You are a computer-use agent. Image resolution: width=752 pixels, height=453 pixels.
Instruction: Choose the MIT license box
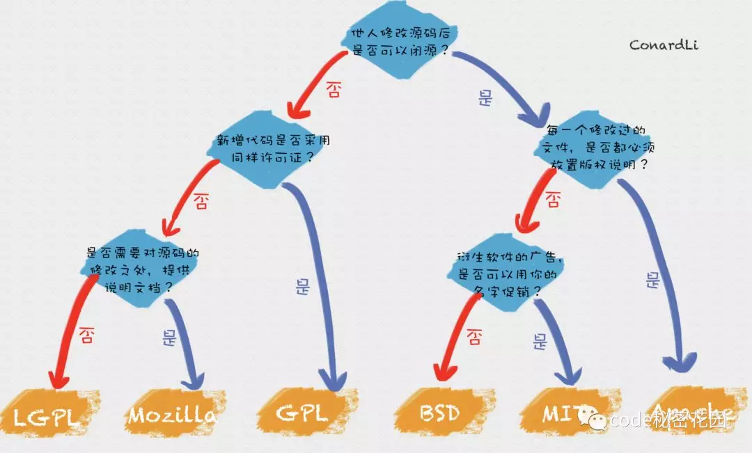(561, 413)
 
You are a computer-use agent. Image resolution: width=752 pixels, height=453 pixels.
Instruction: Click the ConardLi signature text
(663, 45)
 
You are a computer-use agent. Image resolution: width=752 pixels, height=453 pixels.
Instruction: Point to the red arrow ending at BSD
(449, 341)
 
